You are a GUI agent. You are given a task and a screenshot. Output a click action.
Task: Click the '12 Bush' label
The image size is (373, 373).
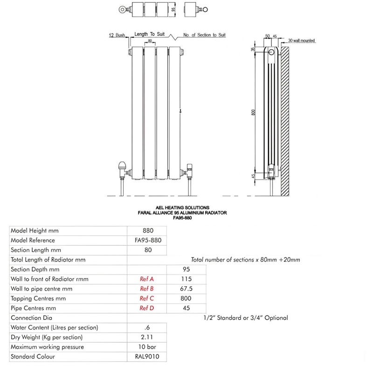116,35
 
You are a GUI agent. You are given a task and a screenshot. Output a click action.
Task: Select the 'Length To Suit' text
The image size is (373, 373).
148,35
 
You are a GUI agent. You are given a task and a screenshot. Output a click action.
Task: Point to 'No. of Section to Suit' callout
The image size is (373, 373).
204,35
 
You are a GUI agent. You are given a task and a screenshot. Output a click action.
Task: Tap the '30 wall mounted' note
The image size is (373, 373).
301,41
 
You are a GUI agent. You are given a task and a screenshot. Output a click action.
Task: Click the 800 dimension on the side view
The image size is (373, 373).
253,112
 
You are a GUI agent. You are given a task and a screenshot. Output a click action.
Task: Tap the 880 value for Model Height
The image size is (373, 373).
147,230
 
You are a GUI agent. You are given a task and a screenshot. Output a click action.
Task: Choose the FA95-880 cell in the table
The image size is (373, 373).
147,240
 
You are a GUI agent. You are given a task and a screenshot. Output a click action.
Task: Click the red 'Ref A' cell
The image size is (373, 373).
147,279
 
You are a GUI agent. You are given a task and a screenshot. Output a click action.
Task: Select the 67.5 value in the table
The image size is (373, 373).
186,289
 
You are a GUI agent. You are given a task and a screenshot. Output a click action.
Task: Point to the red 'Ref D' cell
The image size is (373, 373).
147,308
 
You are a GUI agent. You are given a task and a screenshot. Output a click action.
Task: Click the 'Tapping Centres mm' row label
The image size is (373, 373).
38,298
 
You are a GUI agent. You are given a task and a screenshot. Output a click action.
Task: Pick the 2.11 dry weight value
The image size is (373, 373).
147,337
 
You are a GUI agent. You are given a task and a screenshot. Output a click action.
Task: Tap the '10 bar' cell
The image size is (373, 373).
147,347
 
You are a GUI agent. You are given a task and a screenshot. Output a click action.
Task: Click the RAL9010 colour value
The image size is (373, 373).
147,357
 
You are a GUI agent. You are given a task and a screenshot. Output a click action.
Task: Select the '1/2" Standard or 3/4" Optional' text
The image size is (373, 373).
246,318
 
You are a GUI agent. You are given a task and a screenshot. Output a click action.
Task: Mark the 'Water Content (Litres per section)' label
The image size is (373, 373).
54,328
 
